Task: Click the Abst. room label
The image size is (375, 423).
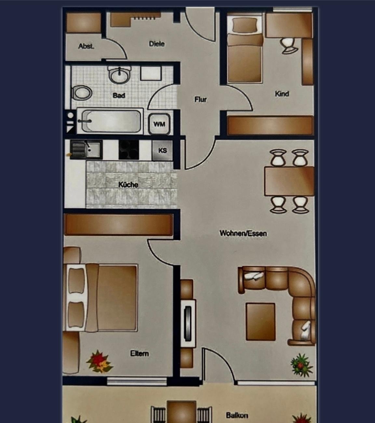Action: (86, 46)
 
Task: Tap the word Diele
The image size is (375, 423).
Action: (157, 44)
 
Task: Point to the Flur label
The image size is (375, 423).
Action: (200, 99)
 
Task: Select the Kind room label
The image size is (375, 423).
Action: (282, 94)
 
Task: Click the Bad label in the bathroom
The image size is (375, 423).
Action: (119, 96)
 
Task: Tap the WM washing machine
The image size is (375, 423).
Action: (159, 124)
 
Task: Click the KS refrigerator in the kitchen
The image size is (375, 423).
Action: (162, 150)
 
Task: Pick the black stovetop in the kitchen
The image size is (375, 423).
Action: (129, 150)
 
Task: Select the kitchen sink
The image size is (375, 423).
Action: (86, 149)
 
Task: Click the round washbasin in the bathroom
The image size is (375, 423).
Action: (119, 75)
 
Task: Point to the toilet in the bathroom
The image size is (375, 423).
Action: (82, 93)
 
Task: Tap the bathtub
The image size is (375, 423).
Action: (110, 121)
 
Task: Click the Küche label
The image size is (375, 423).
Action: (128, 185)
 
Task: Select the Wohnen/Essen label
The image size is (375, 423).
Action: (243, 233)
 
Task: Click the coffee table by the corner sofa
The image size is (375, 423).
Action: (261, 322)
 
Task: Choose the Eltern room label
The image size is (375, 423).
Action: (140, 353)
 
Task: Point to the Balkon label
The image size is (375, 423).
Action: (237, 415)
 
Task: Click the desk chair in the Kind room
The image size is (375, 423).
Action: (289, 46)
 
